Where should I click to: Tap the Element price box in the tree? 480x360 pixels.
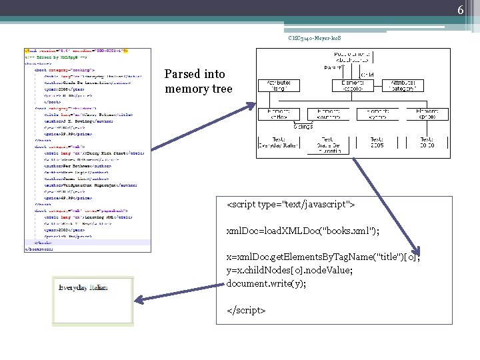[x=427, y=114]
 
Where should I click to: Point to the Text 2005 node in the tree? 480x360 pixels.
[x=377, y=143]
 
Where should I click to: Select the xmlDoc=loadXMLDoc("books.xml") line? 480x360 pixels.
[x=303, y=231]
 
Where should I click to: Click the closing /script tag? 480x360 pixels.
[x=246, y=311]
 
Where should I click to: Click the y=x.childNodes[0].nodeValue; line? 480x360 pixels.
[x=289, y=270]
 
